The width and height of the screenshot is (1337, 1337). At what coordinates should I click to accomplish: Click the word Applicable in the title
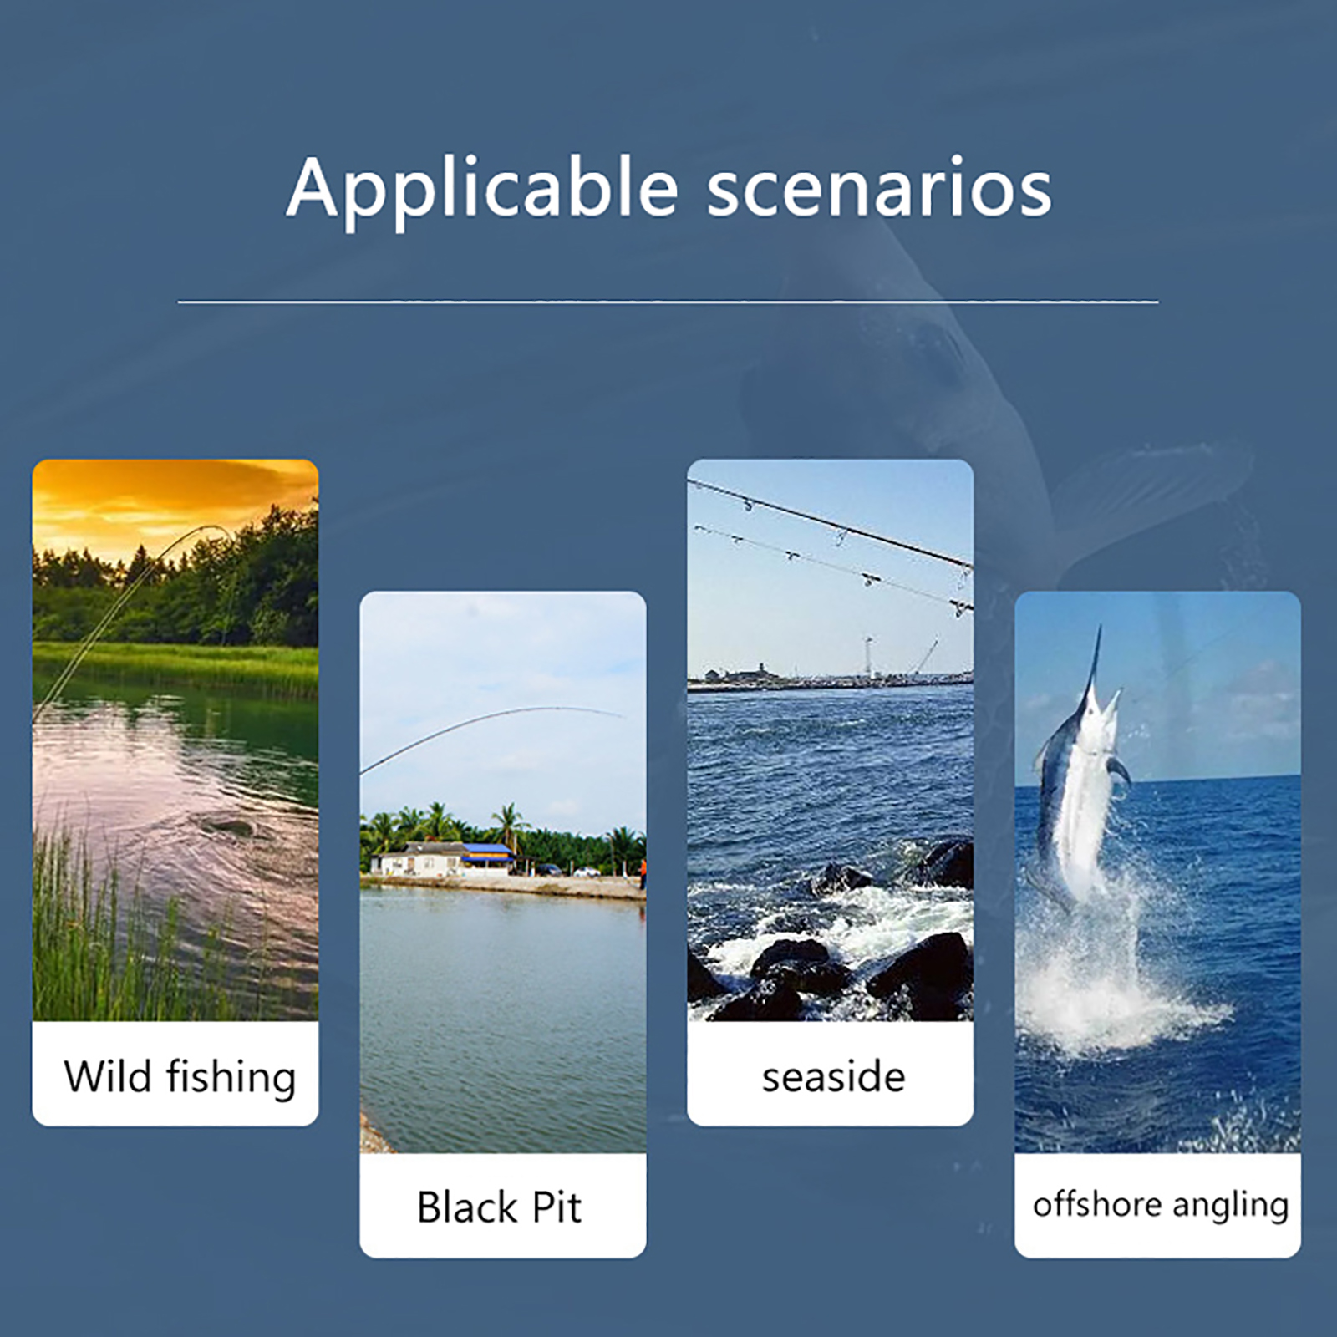click(482, 190)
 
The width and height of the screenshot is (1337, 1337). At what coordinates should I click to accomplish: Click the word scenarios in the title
click(879, 190)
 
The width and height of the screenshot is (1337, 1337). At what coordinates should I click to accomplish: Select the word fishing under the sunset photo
click(231, 1077)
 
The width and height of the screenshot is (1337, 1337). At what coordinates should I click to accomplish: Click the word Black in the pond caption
click(467, 1207)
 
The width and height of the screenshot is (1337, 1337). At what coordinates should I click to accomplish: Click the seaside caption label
click(833, 1077)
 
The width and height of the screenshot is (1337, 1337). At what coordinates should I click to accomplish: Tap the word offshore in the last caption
click(1097, 1204)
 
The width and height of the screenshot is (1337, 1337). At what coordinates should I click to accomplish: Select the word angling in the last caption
click(1231, 1207)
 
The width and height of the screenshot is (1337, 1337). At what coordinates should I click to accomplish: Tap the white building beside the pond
click(418, 860)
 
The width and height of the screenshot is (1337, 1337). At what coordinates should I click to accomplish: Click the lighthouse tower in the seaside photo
click(869, 657)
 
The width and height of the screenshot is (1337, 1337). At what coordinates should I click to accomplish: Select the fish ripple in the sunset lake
click(230, 827)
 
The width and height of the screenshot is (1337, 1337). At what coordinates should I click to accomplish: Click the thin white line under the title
click(668, 302)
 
